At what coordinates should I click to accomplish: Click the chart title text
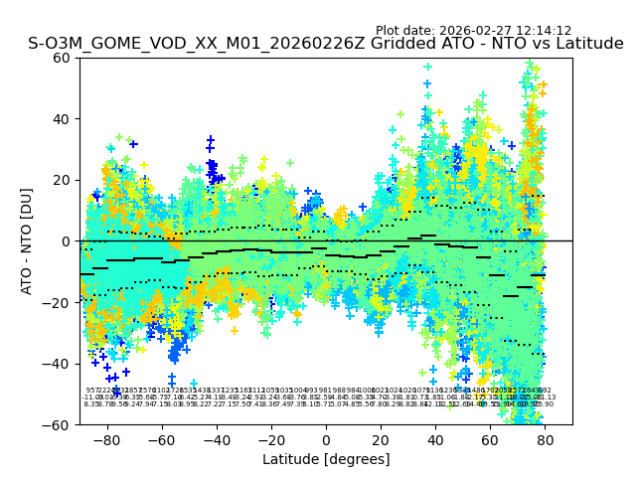pyautogui.click(x=326, y=44)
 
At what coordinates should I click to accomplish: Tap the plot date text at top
pyautogui.click(x=473, y=31)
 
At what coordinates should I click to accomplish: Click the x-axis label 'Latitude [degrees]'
pyautogui.click(x=326, y=459)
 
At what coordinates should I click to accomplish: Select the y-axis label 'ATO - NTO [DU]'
pyautogui.click(x=27, y=240)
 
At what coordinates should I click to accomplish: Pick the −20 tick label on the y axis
pyautogui.click(x=60, y=302)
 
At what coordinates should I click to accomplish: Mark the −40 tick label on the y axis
pyautogui.click(x=60, y=364)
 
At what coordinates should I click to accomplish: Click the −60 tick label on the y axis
pyautogui.click(x=60, y=424)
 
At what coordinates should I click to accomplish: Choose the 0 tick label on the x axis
pyautogui.click(x=326, y=439)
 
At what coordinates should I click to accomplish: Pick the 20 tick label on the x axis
pyautogui.click(x=381, y=439)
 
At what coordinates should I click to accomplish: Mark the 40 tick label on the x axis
pyautogui.click(x=435, y=439)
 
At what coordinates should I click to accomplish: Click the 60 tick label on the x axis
pyautogui.click(x=490, y=439)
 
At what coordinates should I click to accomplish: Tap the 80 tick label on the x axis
pyautogui.click(x=545, y=439)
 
